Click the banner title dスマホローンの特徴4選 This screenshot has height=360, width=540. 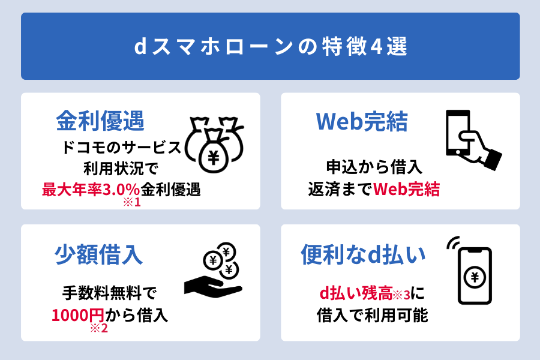[271, 47]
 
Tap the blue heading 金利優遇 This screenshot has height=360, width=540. [100, 121]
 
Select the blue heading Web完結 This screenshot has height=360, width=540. [362, 122]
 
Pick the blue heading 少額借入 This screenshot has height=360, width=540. [98, 254]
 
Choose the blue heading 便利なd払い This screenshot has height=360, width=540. [364, 255]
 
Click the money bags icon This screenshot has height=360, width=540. [214, 145]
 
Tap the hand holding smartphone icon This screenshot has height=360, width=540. [473, 140]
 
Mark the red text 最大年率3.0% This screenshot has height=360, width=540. [91, 190]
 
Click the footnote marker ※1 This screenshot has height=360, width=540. [132, 202]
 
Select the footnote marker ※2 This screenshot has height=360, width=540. [99, 328]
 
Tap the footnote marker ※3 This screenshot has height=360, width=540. [401, 295]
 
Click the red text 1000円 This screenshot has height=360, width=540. [78, 315]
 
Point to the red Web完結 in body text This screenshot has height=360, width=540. [406, 189]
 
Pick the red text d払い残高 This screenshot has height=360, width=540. [356, 293]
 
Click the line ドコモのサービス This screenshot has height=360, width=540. [121, 148]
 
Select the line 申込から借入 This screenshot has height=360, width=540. [374, 167]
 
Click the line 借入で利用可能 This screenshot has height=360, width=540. [372, 315]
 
